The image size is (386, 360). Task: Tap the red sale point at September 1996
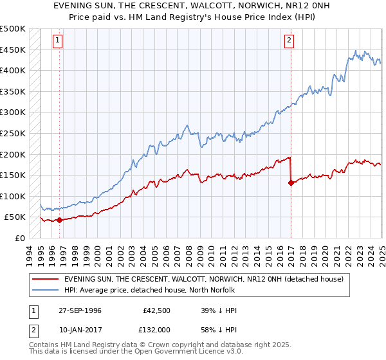(x=60, y=220)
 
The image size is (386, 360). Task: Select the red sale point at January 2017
(x=291, y=183)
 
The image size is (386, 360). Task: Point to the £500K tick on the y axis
(x=13, y=29)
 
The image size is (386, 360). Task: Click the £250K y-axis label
(x=13, y=133)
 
